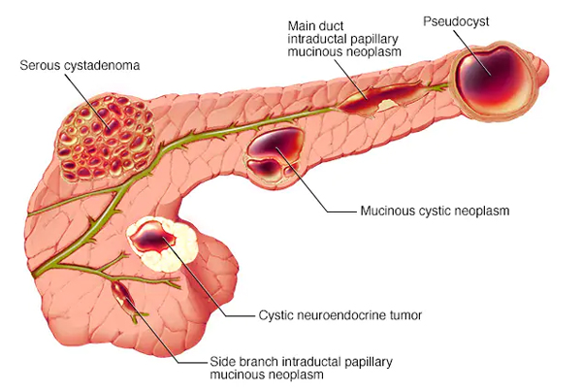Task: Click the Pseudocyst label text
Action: (x=456, y=22)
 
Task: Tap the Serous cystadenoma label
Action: (x=80, y=65)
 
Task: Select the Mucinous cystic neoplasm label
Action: (x=435, y=211)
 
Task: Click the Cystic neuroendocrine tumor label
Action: (x=340, y=315)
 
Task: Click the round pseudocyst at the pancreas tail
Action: (x=494, y=81)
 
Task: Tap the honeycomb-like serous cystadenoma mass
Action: (x=106, y=138)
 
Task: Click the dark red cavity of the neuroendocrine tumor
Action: (x=153, y=238)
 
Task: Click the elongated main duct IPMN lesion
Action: (x=382, y=98)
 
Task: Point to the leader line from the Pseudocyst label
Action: (x=471, y=52)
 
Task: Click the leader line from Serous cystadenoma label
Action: (x=87, y=101)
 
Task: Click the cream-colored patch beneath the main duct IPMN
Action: (x=385, y=105)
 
